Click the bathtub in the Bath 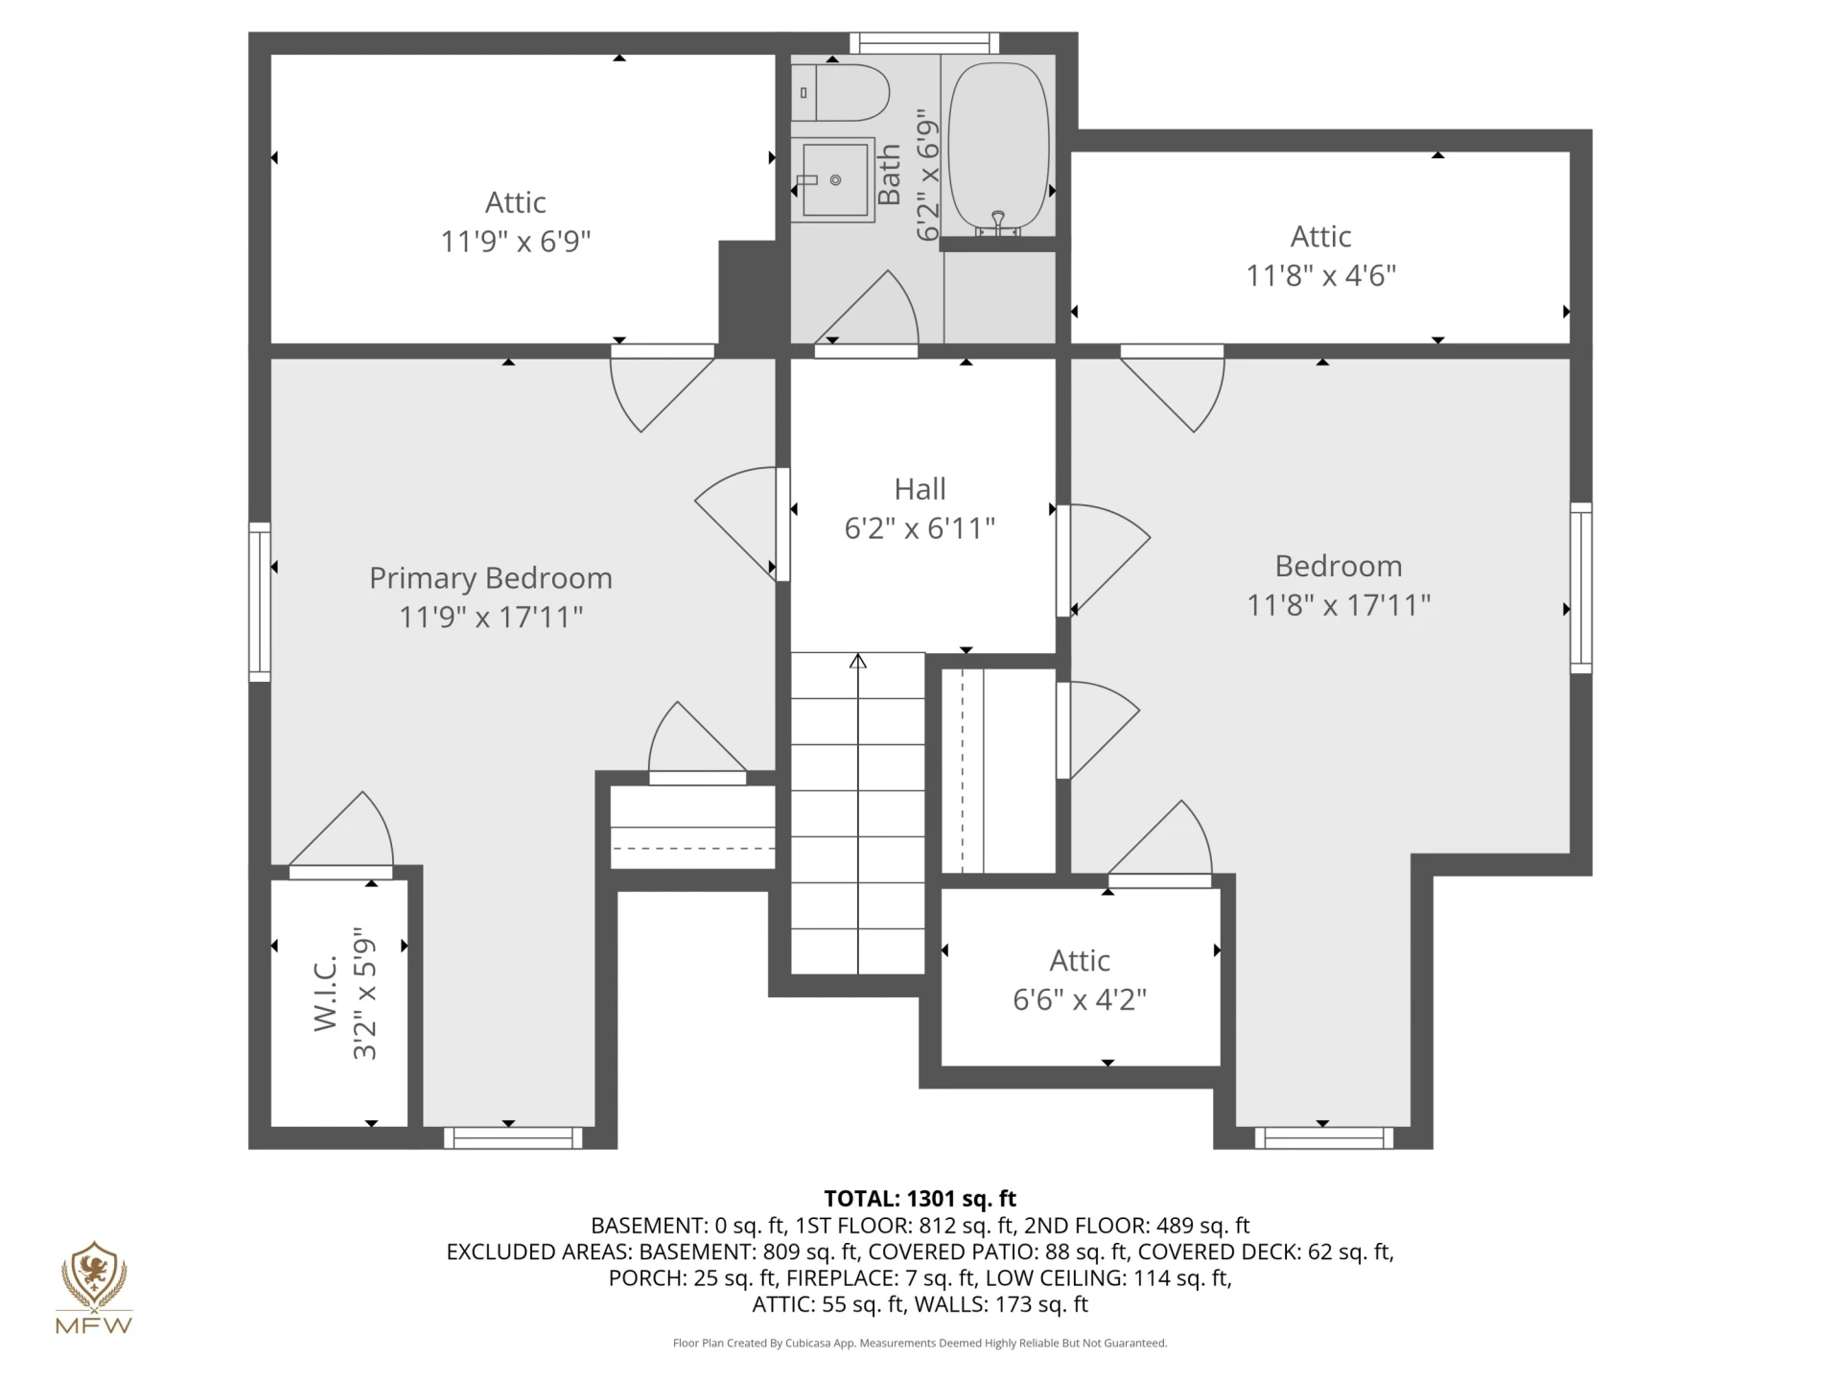pyautogui.click(x=998, y=148)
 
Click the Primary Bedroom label pyautogui.click(x=491, y=578)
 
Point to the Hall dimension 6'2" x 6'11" pyautogui.click(x=920, y=528)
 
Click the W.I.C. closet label pyautogui.click(x=326, y=993)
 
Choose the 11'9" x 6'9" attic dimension pyautogui.click(x=516, y=241)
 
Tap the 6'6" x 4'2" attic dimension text pyautogui.click(x=1080, y=1000)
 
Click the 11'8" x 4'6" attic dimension pyautogui.click(x=1321, y=276)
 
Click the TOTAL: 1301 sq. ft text pyautogui.click(x=920, y=1199)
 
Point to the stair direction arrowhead pyautogui.click(x=858, y=661)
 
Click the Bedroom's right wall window pyautogui.click(x=1581, y=588)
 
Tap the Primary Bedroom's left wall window pyautogui.click(x=260, y=602)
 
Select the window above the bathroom pyautogui.click(x=924, y=43)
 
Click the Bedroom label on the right pyautogui.click(x=1339, y=566)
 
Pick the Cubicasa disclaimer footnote pyautogui.click(x=920, y=1344)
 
